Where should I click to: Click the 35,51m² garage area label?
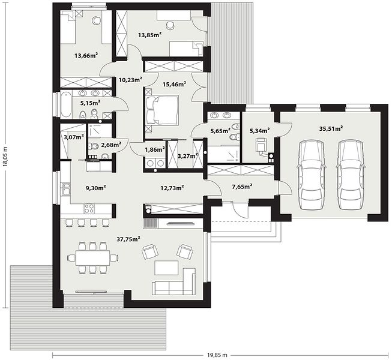(x=331, y=128)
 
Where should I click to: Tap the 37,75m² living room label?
(x=128, y=239)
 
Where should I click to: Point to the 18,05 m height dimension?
(x=5, y=155)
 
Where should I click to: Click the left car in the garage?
(x=311, y=175)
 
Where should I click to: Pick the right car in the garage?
(x=350, y=175)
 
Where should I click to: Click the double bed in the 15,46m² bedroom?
(x=162, y=110)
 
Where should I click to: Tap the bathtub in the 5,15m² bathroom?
(x=66, y=104)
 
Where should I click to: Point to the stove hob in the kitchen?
(x=89, y=208)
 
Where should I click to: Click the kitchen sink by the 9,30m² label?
(x=66, y=189)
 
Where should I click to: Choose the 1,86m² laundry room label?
(x=155, y=149)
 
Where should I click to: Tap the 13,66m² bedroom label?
(x=86, y=55)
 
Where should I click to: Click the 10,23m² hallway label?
(x=130, y=80)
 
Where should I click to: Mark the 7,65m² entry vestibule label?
(x=242, y=187)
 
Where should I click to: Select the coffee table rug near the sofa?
(x=166, y=268)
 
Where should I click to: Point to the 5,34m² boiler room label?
(x=259, y=130)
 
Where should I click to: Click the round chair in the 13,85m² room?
(x=170, y=25)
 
